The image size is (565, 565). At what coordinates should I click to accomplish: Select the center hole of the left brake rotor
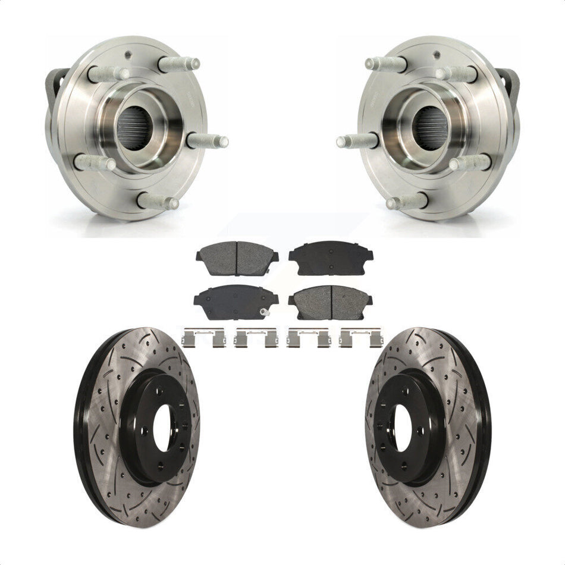162,429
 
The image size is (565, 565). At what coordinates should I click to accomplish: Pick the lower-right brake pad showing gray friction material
331,302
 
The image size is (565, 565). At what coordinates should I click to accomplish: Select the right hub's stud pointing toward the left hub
355,142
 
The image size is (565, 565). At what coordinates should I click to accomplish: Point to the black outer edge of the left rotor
83,428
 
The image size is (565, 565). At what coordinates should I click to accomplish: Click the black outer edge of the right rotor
483,428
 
